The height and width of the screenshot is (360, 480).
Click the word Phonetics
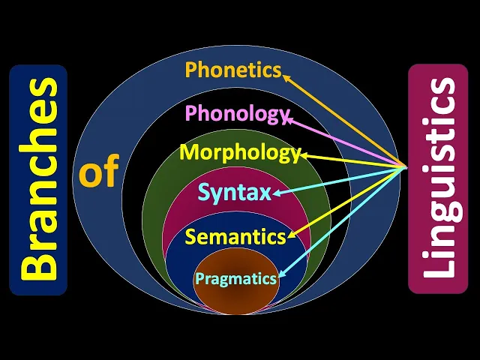click(x=232, y=70)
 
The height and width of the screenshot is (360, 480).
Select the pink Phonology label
click(x=237, y=114)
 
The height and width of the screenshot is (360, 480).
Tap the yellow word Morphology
click(x=239, y=153)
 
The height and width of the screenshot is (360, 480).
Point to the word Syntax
click(x=234, y=193)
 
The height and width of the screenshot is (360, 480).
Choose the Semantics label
click(x=235, y=237)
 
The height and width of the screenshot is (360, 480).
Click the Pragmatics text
click(x=236, y=279)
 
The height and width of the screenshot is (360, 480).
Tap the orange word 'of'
click(x=99, y=173)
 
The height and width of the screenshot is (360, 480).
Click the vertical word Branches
click(x=37, y=179)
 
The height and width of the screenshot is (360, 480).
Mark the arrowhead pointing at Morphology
click(x=303, y=156)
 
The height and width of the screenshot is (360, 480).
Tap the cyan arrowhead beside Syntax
click(x=276, y=194)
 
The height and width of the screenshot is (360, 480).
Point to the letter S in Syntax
click(x=205, y=193)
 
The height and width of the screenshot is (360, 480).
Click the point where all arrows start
click(x=406, y=166)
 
